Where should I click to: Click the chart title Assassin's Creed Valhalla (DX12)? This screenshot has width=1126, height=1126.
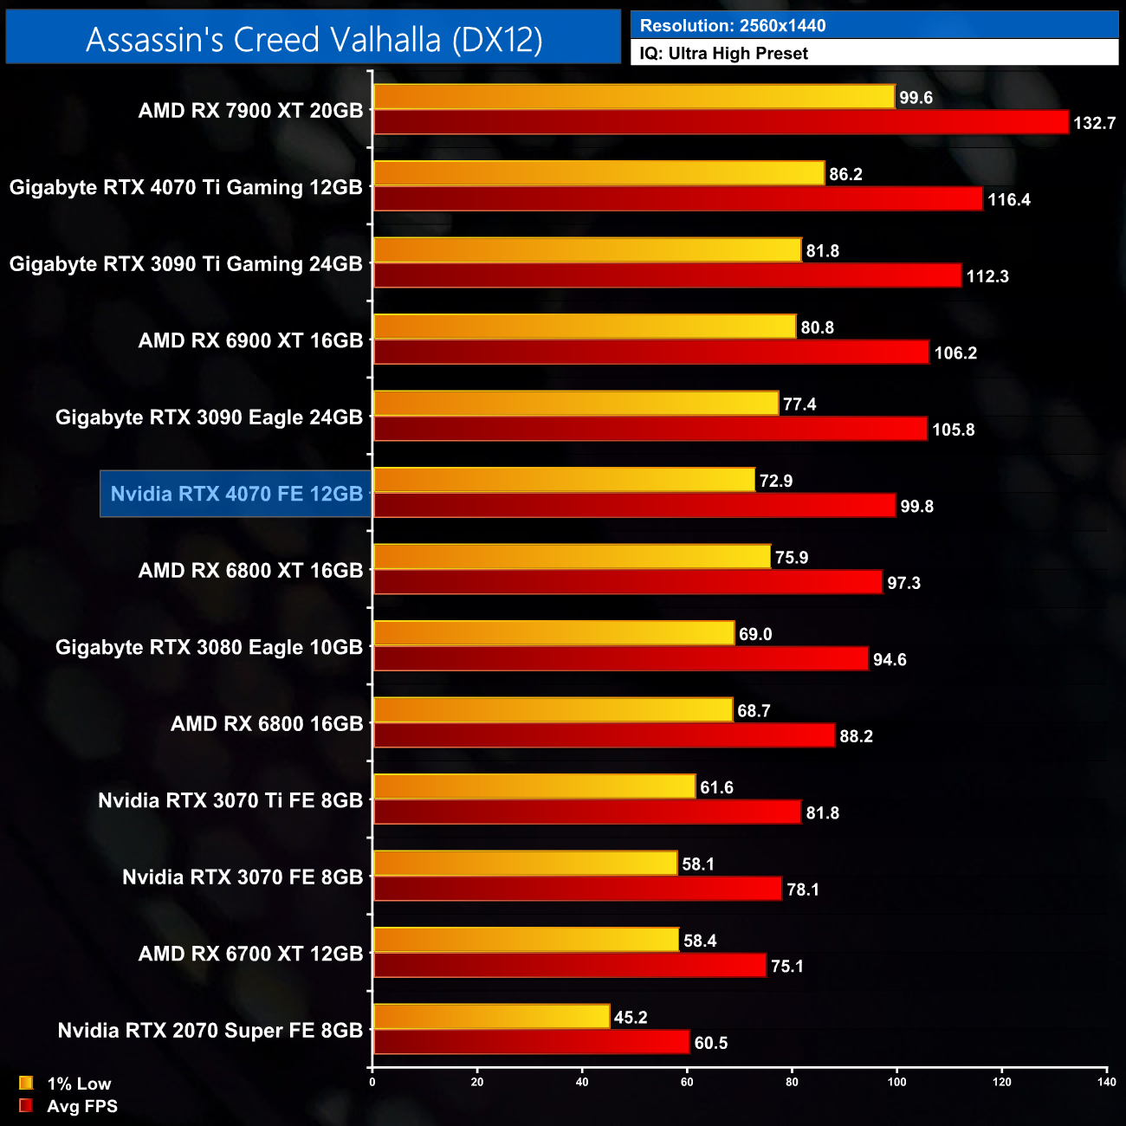[314, 40]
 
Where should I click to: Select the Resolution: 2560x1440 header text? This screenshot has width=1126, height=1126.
[732, 26]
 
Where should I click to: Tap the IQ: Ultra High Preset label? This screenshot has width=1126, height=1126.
[723, 54]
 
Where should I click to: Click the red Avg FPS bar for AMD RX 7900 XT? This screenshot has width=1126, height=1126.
[721, 122]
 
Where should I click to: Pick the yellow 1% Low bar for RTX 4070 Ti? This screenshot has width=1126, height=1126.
[599, 173]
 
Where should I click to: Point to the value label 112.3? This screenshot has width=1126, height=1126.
[987, 276]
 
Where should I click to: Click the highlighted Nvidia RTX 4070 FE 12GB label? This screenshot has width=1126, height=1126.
[236, 494]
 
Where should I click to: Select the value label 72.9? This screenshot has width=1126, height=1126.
[775, 481]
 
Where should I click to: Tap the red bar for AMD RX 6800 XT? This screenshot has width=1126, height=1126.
[627, 582]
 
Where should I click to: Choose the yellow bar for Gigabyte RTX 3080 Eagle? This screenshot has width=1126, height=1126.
[553, 633]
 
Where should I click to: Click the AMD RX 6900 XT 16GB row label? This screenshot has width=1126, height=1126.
[250, 340]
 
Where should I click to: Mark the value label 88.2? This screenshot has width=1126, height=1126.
[856, 736]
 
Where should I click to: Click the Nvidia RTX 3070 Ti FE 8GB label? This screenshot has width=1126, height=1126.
[230, 800]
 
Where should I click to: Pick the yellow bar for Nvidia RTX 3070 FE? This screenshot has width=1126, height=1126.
[525, 864]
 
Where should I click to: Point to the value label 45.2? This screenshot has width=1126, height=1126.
[631, 1017]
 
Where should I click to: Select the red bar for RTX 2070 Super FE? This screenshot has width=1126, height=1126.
[531, 1042]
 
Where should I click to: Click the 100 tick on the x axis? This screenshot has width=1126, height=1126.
[896, 1082]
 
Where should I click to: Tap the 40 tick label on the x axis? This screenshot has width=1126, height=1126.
[582, 1082]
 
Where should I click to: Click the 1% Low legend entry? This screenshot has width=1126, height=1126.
[78, 1084]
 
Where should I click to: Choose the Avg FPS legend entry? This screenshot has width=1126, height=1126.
[81, 1106]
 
